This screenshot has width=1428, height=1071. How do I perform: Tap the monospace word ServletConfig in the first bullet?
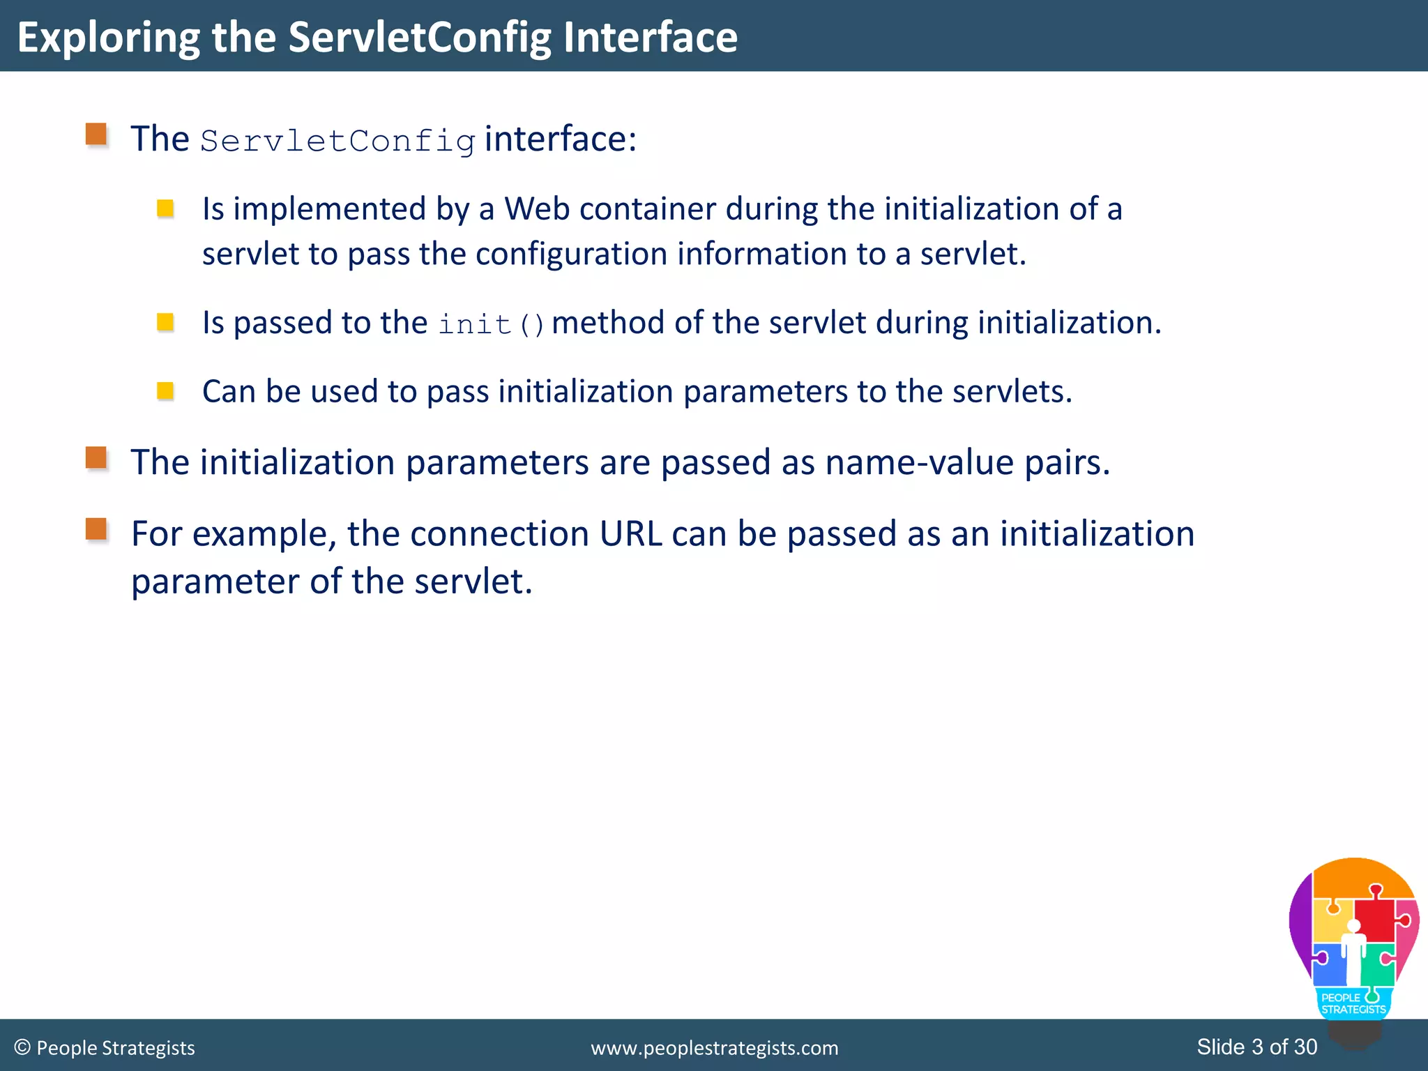coord(338,142)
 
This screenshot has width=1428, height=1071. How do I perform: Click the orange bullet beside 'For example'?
coord(96,529)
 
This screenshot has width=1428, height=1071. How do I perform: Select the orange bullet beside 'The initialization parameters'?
coord(96,458)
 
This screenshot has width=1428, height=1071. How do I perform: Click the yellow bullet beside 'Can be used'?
coord(165,390)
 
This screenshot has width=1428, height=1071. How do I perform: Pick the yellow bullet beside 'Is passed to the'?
coord(165,321)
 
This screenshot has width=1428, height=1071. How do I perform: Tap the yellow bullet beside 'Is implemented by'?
coord(165,208)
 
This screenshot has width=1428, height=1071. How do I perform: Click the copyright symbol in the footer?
coord(22,1047)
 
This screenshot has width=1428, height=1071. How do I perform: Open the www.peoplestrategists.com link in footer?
coord(714,1048)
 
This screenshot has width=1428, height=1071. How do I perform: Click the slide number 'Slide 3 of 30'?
coord(1256,1047)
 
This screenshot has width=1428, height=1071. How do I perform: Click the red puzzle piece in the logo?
coord(1376,919)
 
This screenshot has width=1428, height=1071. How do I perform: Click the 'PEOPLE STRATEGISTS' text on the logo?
coord(1353,1003)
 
